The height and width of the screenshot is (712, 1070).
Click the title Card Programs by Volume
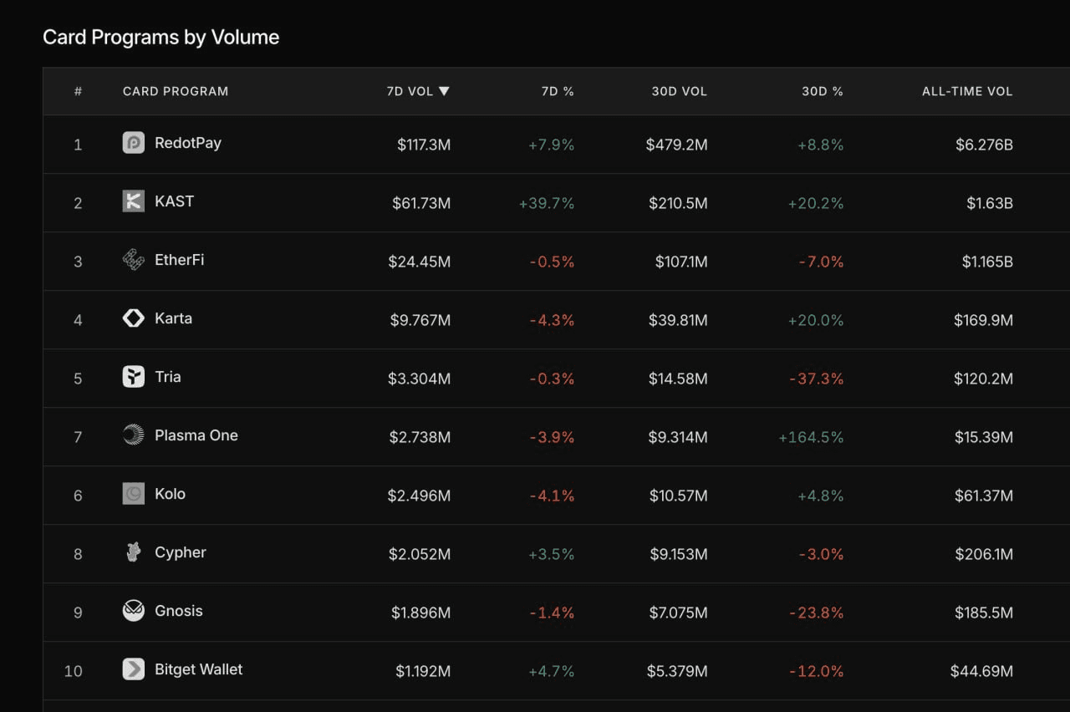(161, 38)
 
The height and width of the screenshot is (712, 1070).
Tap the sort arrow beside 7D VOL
(444, 91)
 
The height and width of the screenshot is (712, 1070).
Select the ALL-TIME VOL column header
(967, 91)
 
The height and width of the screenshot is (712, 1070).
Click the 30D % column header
(822, 91)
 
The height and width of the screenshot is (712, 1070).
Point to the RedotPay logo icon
(133, 143)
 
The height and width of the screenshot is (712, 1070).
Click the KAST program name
(175, 201)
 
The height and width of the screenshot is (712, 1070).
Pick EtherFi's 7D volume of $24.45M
(420, 262)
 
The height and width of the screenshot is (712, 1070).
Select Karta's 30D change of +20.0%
(815, 320)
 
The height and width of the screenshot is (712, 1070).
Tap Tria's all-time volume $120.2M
(984, 379)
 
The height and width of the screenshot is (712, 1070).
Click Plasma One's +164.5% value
(811, 437)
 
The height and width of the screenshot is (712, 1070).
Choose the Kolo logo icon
(133, 494)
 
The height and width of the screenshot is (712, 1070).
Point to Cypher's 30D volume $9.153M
(678, 554)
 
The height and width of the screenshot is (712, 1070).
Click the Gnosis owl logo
(133, 611)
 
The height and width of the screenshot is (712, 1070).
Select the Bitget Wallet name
(199, 669)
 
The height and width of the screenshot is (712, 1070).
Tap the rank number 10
(73, 671)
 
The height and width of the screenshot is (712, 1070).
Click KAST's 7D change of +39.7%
(547, 203)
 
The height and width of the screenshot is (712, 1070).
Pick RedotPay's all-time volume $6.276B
(984, 145)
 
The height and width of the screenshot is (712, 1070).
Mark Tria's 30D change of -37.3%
(817, 379)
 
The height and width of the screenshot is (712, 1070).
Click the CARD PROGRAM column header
(176, 91)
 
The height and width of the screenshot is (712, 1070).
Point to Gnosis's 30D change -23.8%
(817, 613)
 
